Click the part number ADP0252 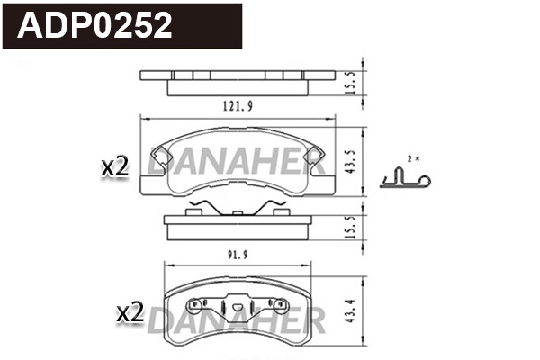(x=95, y=26)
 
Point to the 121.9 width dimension (x=238, y=106)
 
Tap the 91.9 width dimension (x=236, y=253)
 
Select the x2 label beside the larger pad (x=115, y=166)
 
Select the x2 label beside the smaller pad (x=131, y=313)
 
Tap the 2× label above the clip (x=413, y=157)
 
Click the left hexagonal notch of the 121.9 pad (x=159, y=157)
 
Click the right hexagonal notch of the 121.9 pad (x=314, y=157)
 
